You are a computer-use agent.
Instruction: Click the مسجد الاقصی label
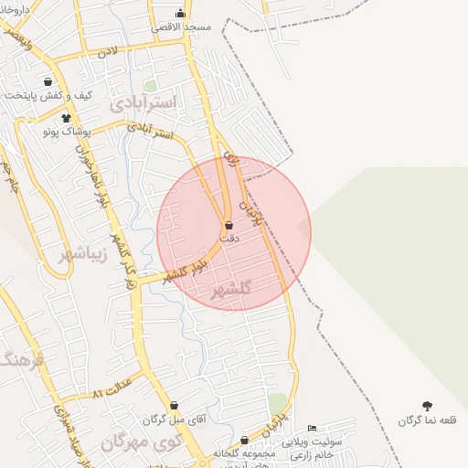(184, 27)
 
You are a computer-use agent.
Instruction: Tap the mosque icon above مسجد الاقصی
(180, 13)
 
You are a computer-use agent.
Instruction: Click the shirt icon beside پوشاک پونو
(65, 118)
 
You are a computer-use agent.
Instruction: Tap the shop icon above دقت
(229, 224)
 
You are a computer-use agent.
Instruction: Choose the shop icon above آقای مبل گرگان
(175, 405)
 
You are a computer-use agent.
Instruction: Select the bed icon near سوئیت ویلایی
(313, 428)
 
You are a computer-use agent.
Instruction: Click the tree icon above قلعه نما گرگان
(427, 406)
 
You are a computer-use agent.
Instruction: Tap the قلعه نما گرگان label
(427, 420)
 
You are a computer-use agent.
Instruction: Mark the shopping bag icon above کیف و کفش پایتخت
(48, 80)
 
